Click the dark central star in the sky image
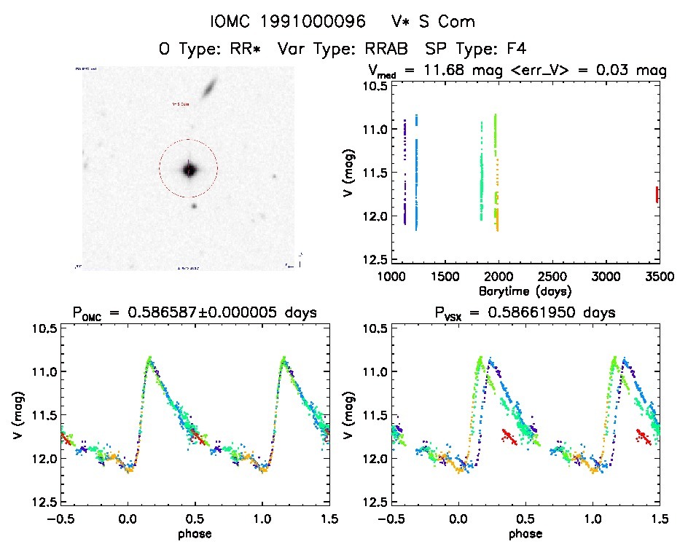click(x=189, y=170)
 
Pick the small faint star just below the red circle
click(x=194, y=206)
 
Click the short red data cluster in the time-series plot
click(x=657, y=194)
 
